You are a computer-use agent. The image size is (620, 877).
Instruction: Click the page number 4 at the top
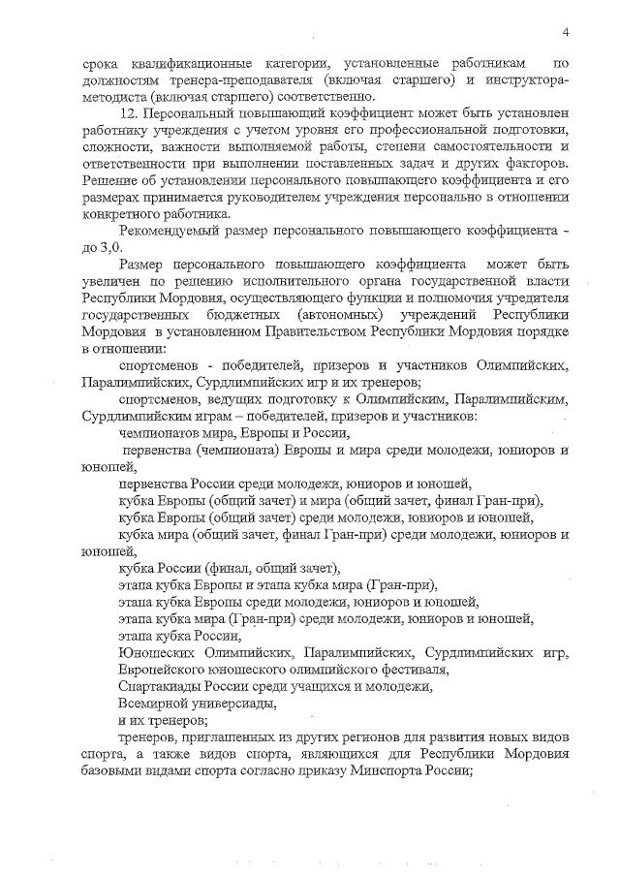[565, 33]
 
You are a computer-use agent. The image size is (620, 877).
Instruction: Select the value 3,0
[100, 247]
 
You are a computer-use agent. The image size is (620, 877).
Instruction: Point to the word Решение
[108, 180]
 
